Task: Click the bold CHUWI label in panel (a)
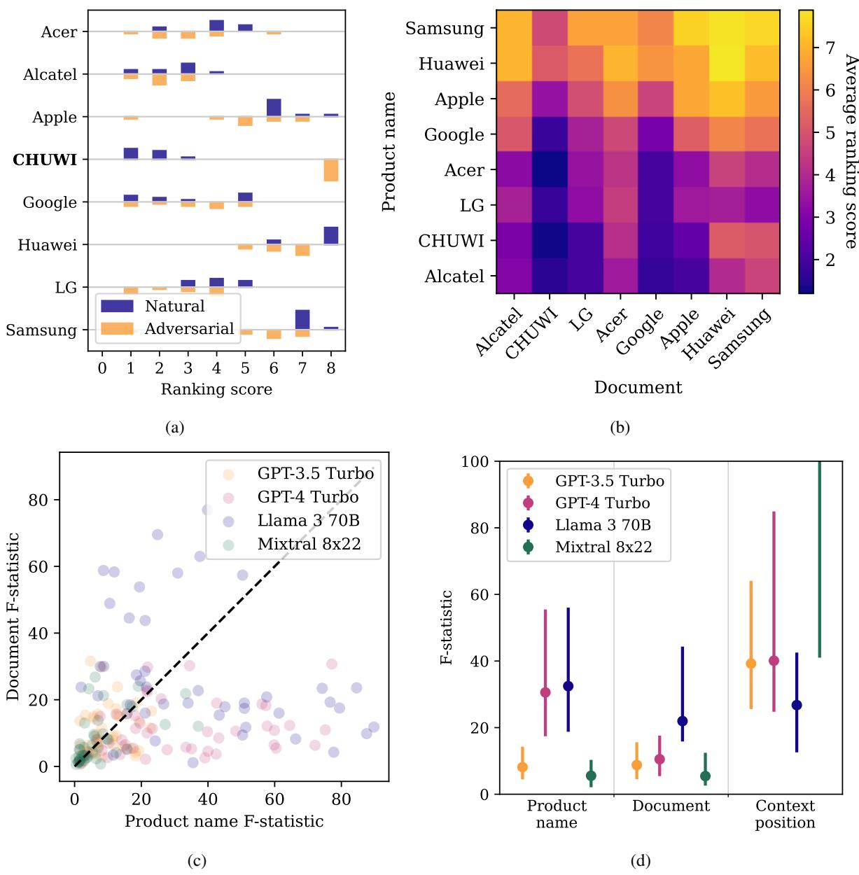click(x=45, y=160)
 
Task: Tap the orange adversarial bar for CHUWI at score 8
click(x=330, y=170)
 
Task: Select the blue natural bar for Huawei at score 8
click(x=330, y=235)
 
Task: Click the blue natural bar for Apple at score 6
click(x=274, y=108)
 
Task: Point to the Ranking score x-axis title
click(x=216, y=389)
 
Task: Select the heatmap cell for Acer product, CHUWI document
click(x=550, y=169)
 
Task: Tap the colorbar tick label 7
click(x=830, y=48)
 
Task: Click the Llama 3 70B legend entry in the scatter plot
click(x=308, y=520)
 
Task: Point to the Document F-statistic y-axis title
click(x=13, y=616)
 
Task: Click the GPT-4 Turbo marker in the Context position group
click(x=774, y=661)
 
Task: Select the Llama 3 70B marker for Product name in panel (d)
click(x=568, y=686)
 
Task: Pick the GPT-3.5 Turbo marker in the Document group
click(x=636, y=765)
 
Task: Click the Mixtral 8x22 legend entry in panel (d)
click(x=603, y=547)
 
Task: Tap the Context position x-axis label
click(x=785, y=814)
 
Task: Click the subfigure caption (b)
click(x=620, y=428)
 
